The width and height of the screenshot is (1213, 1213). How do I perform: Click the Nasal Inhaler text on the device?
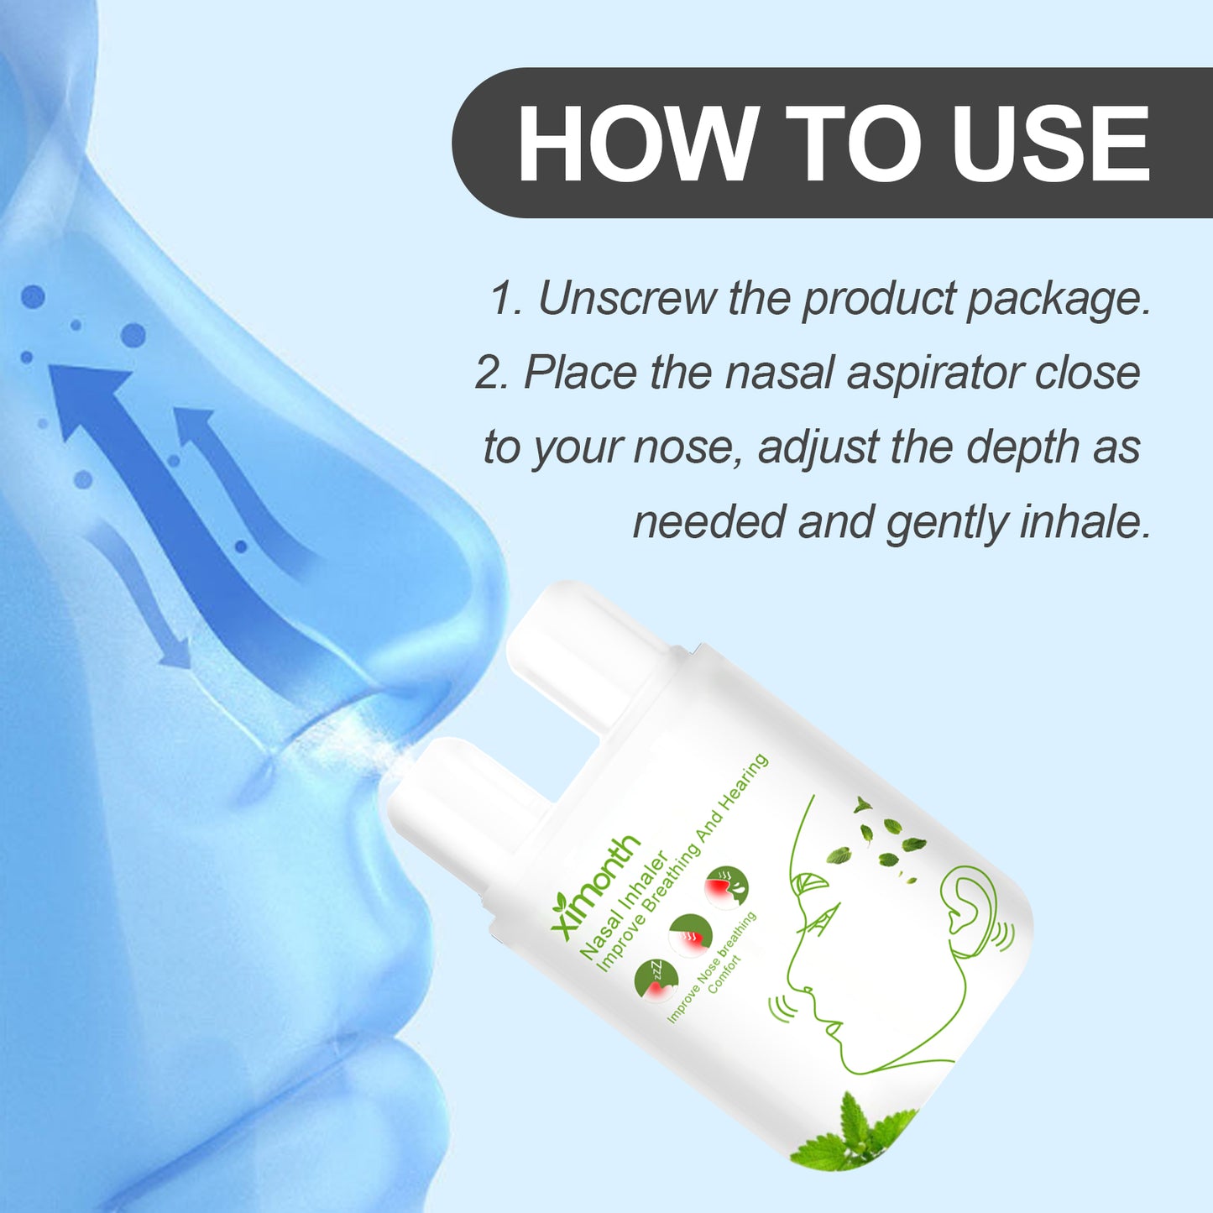[x=623, y=905]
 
